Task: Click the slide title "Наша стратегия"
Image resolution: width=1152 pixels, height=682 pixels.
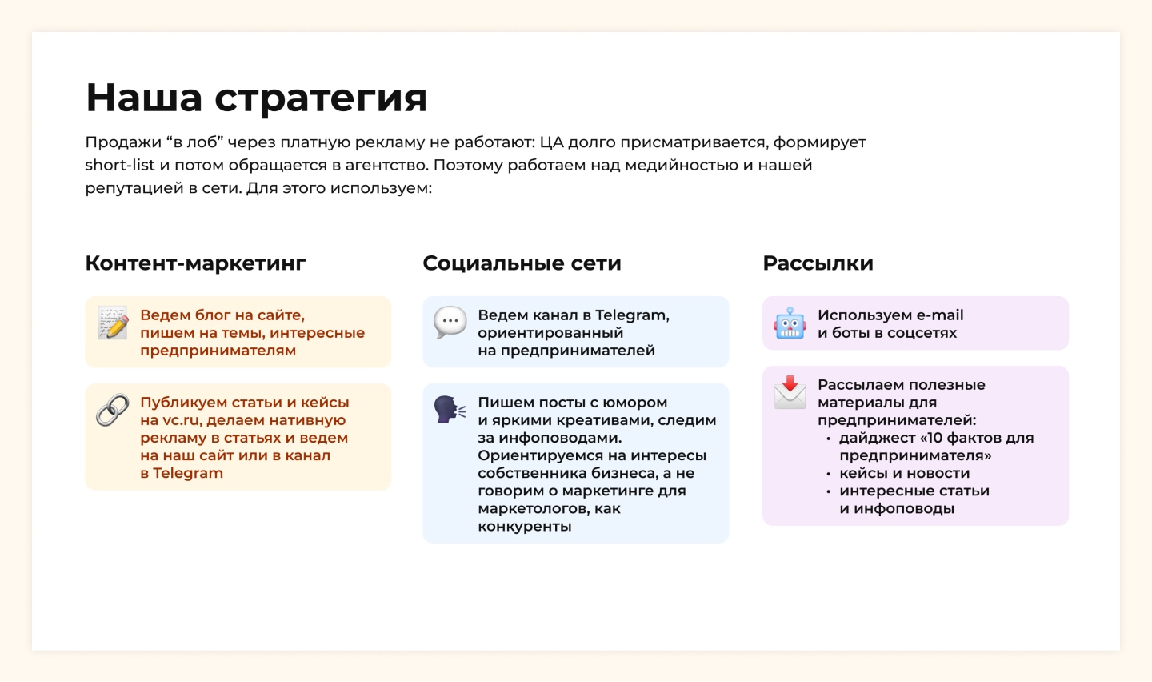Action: (x=256, y=98)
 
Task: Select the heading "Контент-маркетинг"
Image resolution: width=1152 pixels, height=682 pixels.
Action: (x=195, y=263)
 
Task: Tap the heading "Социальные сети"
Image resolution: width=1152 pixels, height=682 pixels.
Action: (x=522, y=263)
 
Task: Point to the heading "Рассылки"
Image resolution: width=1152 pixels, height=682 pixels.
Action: (x=818, y=263)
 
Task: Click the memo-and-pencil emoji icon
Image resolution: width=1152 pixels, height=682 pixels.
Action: (x=113, y=323)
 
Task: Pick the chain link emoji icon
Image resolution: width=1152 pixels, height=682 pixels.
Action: (x=113, y=410)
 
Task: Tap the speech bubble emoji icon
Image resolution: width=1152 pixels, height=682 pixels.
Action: (x=450, y=323)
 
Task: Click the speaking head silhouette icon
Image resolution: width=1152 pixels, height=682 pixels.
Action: (x=450, y=410)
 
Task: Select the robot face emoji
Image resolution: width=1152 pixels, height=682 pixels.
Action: (x=790, y=323)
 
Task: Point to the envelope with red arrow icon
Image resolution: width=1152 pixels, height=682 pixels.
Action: (x=790, y=393)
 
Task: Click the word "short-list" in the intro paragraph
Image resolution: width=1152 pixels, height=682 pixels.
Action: (x=120, y=165)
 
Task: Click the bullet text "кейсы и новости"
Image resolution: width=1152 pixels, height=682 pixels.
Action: (x=905, y=473)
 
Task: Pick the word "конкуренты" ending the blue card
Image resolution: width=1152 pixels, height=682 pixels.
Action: (x=525, y=527)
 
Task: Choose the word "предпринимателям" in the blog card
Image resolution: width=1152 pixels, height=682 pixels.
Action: (x=218, y=351)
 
